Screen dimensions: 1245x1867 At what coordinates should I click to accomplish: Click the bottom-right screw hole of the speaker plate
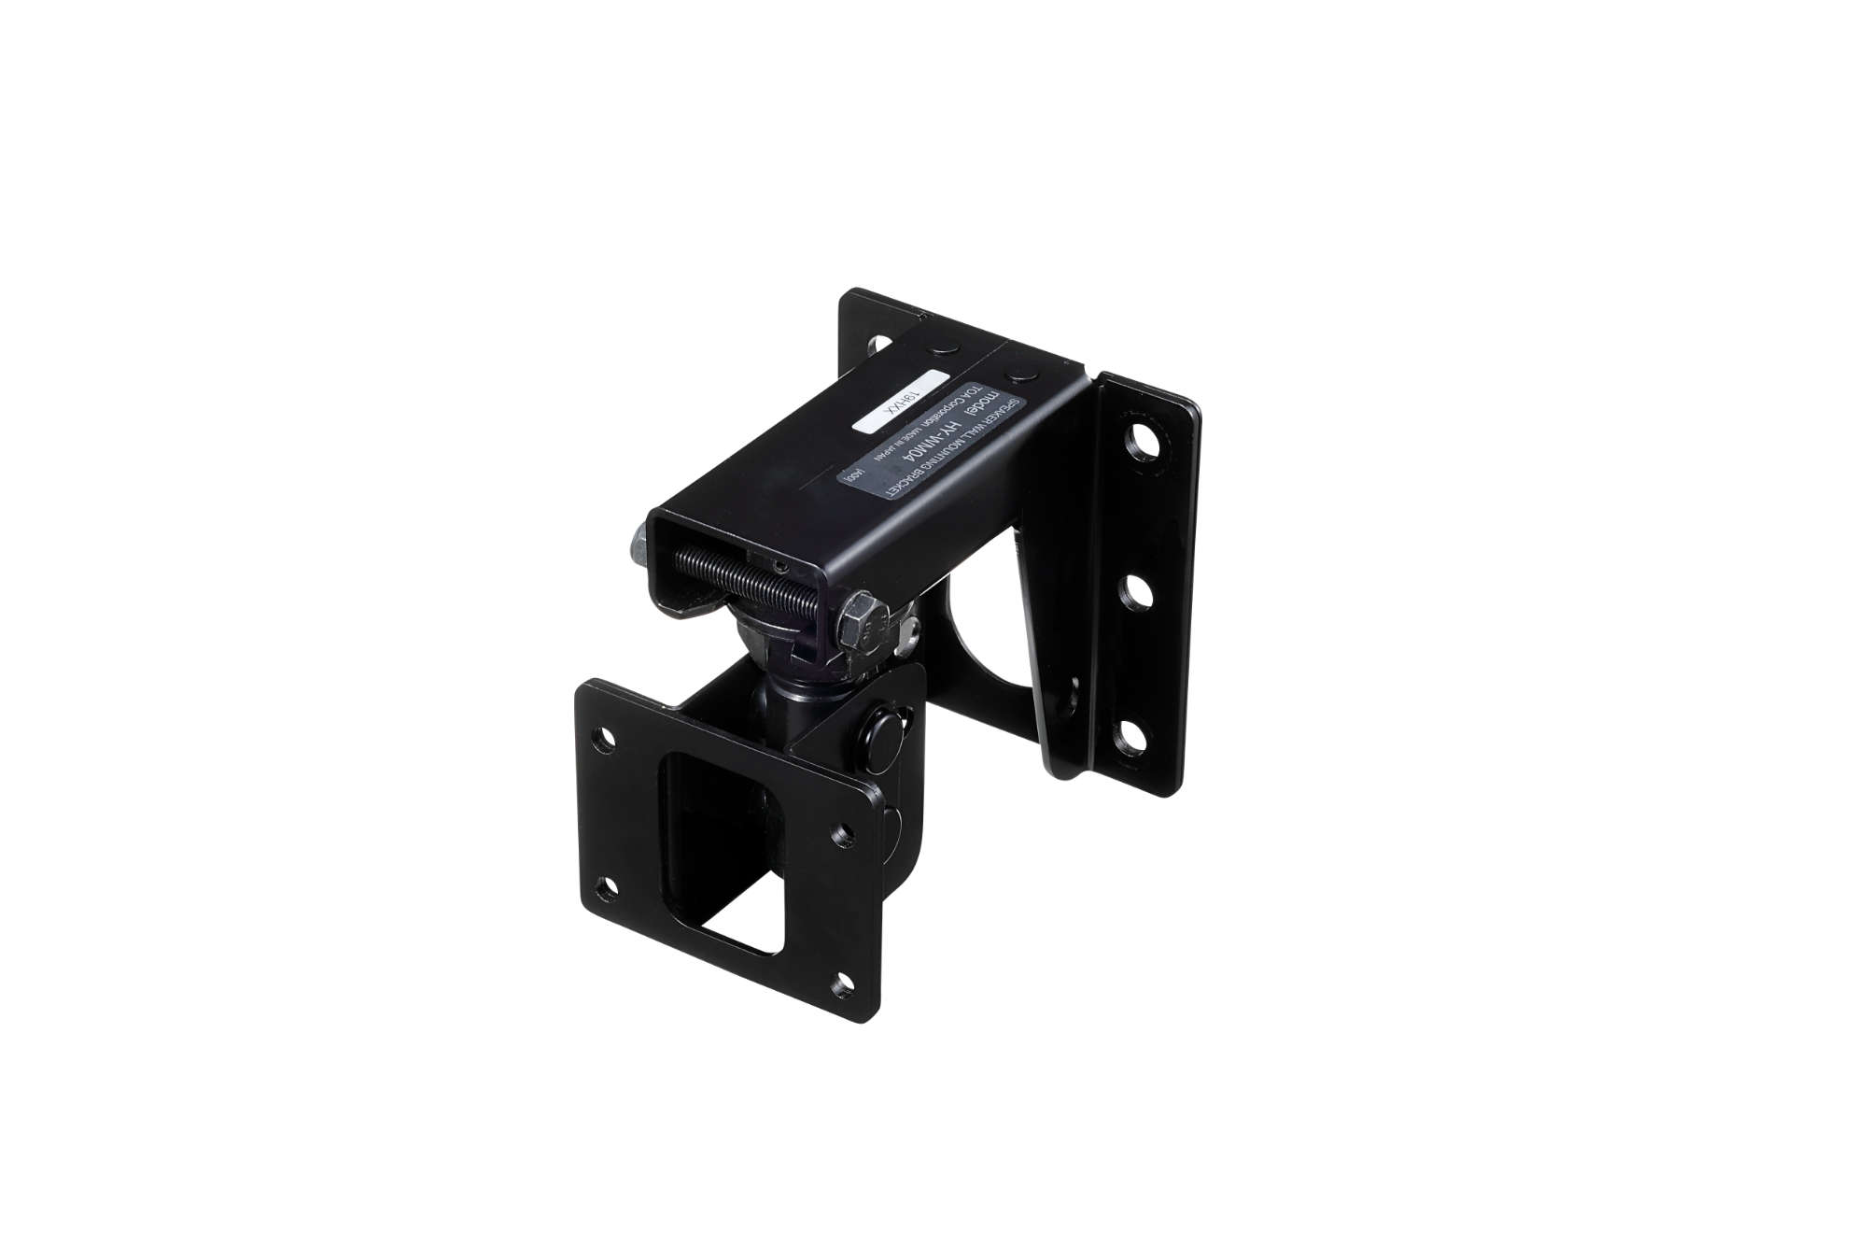pyautogui.click(x=843, y=982)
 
